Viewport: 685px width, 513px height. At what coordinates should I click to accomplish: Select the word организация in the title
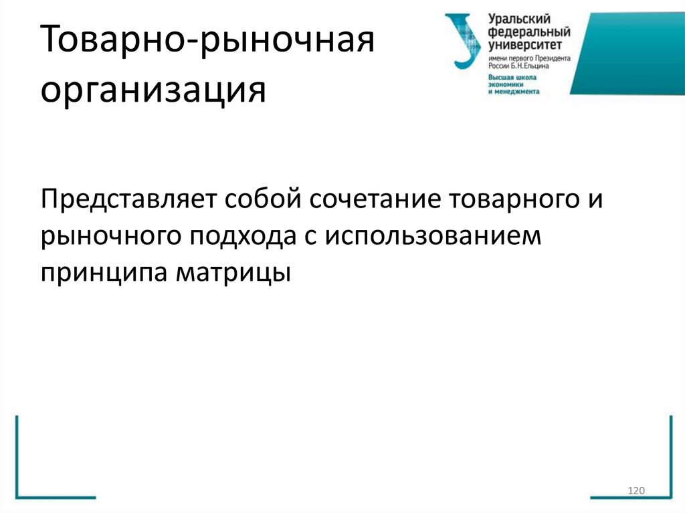coord(153,90)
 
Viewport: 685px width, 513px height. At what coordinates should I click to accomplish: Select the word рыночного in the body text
coord(110,237)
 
